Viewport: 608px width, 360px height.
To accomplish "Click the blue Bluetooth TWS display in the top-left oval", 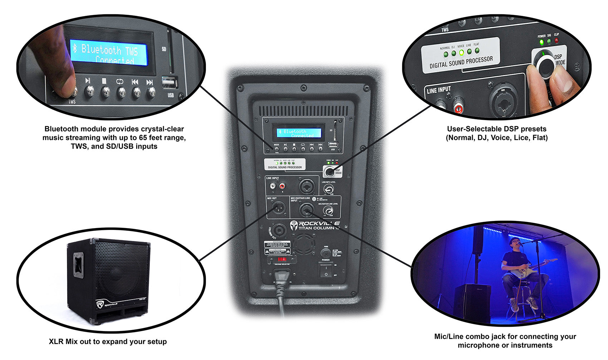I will tap(109, 52).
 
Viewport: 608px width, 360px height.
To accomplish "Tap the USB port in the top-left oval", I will tap(170, 83).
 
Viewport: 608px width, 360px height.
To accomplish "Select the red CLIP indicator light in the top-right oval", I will tap(556, 41).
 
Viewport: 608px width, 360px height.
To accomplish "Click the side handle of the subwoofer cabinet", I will tap(78, 265).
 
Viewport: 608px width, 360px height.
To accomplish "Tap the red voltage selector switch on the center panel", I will tap(282, 259).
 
